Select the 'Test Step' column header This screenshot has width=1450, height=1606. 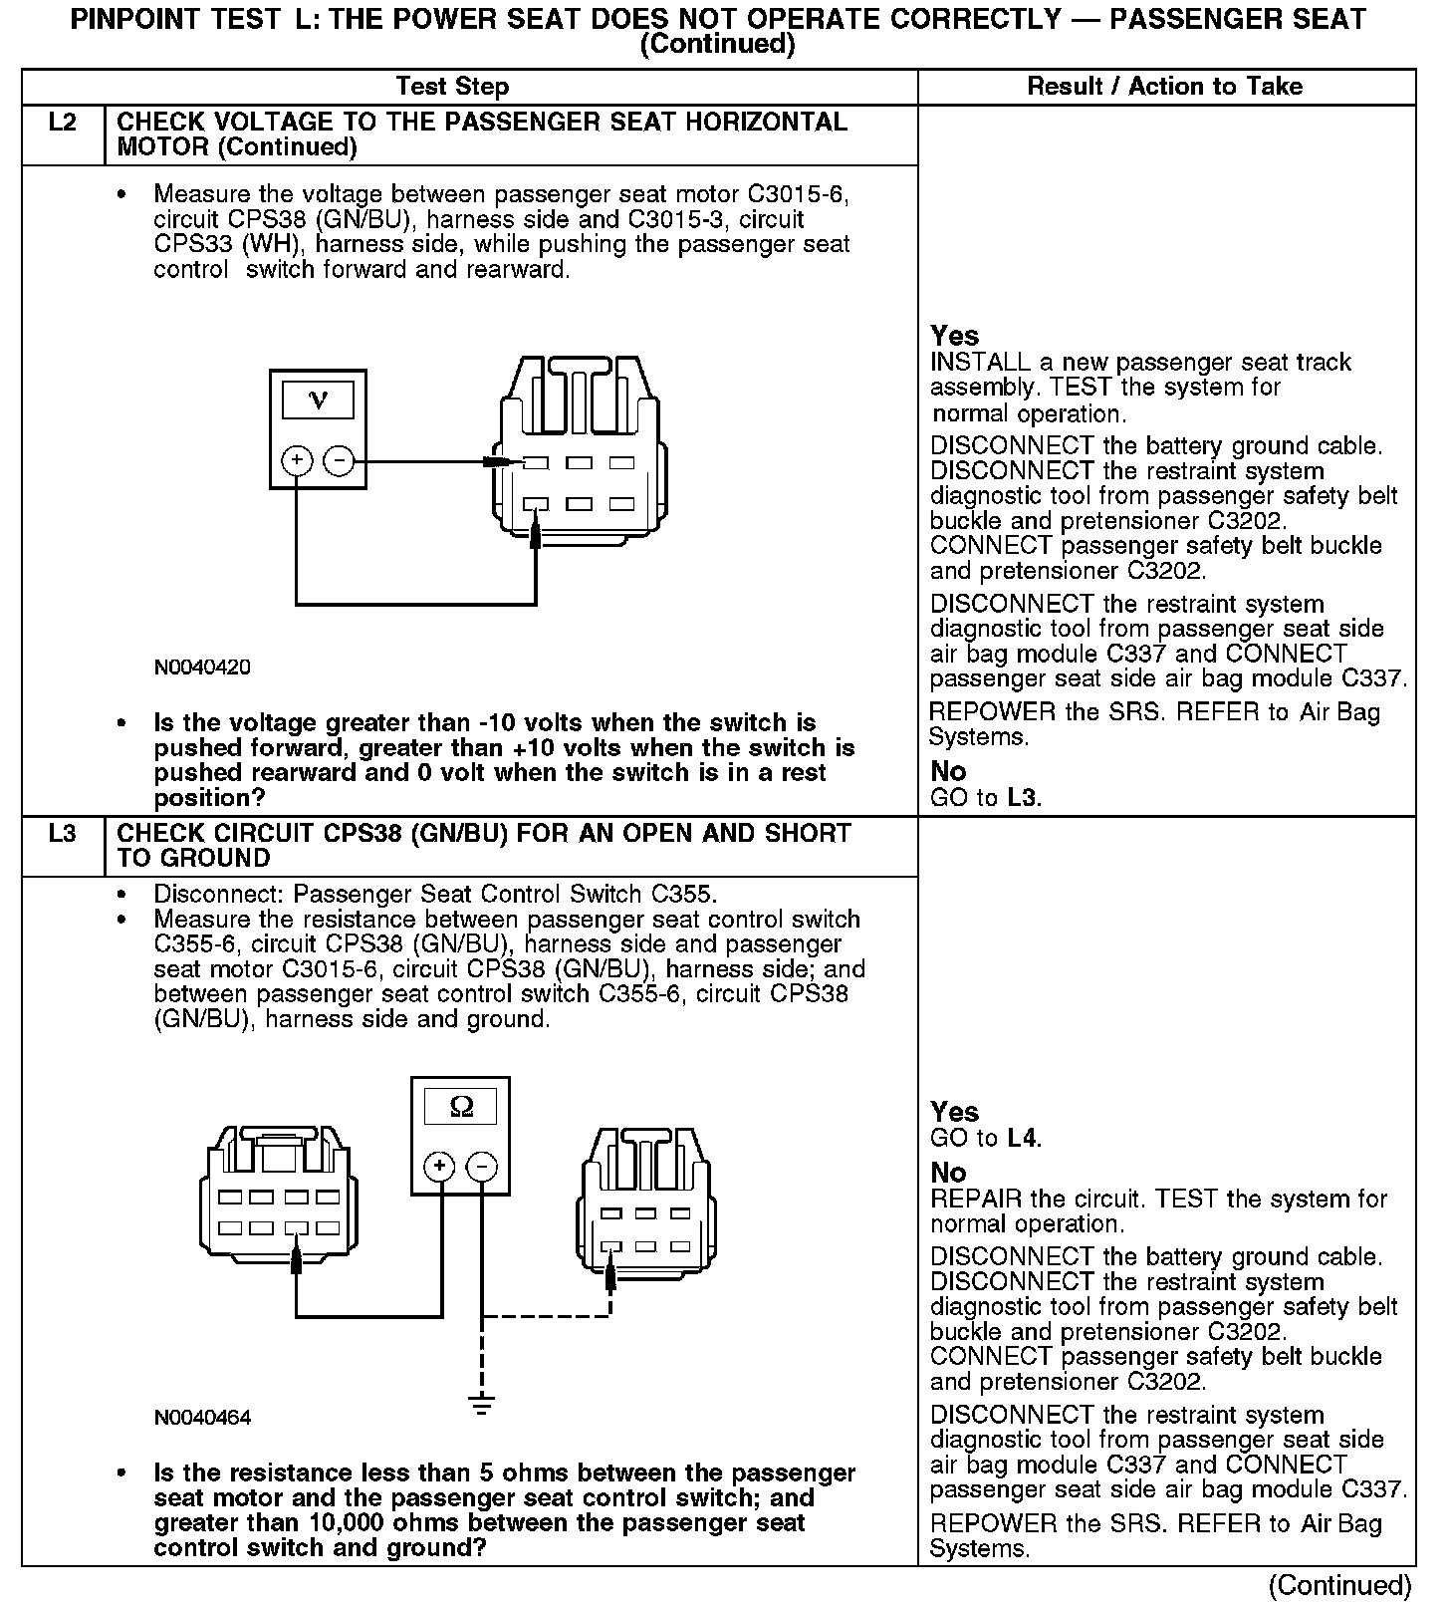(452, 87)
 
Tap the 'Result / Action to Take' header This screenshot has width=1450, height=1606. (1164, 87)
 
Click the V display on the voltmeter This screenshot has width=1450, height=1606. (318, 401)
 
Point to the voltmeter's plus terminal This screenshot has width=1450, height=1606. (297, 461)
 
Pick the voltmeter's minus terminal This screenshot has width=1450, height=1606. (339, 461)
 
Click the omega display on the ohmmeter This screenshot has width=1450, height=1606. (461, 1107)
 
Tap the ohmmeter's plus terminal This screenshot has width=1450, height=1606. (440, 1167)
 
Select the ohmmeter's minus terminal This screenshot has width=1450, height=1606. (482, 1167)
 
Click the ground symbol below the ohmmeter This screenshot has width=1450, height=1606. (482, 1405)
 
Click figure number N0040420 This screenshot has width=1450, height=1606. (202, 668)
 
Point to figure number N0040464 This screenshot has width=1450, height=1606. (202, 1418)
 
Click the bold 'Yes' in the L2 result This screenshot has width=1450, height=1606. (954, 336)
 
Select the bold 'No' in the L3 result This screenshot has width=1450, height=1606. (948, 1173)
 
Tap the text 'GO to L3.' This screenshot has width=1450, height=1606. (986, 798)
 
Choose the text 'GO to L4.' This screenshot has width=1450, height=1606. (986, 1138)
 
